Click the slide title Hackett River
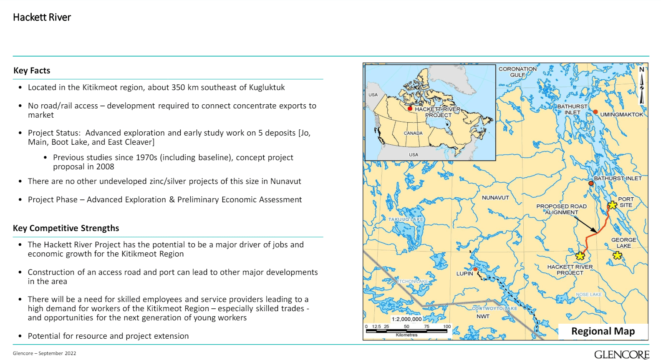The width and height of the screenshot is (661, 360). pyautogui.click(x=42, y=18)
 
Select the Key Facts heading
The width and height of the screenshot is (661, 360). pyautogui.click(x=32, y=70)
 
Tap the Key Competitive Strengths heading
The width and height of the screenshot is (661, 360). pyautogui.click(x=66, y=228)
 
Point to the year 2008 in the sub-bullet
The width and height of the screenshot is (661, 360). pyautogui.click(x=105, y=167)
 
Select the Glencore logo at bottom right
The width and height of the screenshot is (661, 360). pyautogui.click(x=621, y=355)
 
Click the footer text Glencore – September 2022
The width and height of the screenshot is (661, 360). pyautogui.click(x=45, y=353)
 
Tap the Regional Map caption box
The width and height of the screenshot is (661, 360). pyautogui.click(x=603, y=331)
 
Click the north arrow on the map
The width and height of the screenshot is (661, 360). pyautogui.click(x=642, y=86)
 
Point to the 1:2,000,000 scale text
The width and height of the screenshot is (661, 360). pyautogui.click(x=406, y=319)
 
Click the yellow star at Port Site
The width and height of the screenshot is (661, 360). pyautogui.click(x=612, y=205)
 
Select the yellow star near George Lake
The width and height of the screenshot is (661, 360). pyautogui.click(x=617, y=255)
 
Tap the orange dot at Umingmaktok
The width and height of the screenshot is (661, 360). pyautogui.click(x=595, y=112)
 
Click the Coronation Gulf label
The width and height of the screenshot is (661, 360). pyautogui.click(x=517, y=72)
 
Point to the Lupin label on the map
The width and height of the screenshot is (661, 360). pyautogui.click(x=464, y=274)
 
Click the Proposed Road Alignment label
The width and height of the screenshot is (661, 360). pyautogui.click(x=561, y=209)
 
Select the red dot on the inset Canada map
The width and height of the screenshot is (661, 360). pyautogui.click(x=410, y=109)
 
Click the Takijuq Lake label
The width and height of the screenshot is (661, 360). pyautogui.click(x=406, y=219)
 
